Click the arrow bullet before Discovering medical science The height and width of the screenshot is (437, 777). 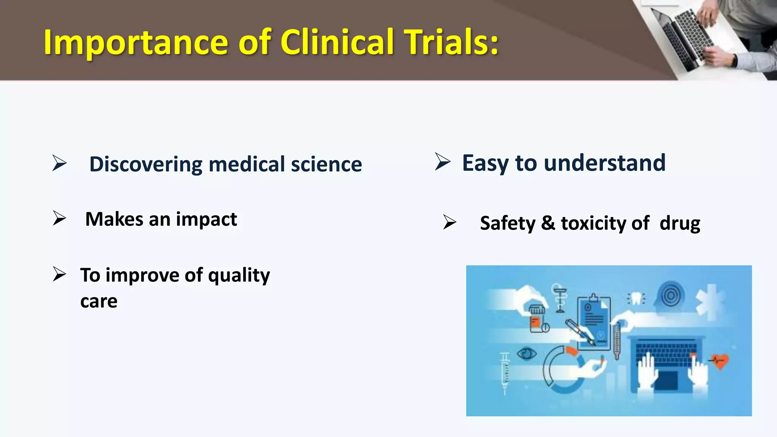tap(60, 163)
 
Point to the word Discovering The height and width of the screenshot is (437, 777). tap(146, 164)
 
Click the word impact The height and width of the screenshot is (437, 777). tap(206, 220)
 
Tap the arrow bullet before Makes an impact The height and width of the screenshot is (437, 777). tap(60, 218)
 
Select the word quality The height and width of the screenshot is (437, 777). tap(239, 275)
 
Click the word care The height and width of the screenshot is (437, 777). tap(99, 301)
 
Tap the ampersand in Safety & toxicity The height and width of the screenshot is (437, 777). tap(548, 223)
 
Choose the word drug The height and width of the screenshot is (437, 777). tap(680, 224)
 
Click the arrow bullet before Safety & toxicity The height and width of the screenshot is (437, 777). tap(450, 222)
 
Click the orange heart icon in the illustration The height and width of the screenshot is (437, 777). tap(720, 360)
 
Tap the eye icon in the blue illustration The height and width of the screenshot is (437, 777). tap(527, 354)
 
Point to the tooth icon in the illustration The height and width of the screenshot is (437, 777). tap(637, 299)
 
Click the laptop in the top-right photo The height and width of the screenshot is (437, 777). tap(683, 36)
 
